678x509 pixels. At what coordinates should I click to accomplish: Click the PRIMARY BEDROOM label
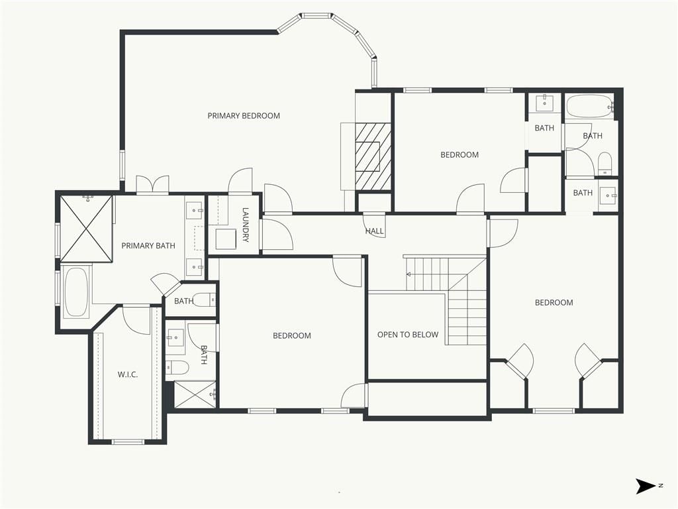click(x=244, y=115)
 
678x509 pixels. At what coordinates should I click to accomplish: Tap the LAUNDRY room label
click(x=246, y=225)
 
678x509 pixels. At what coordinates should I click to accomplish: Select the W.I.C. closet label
click(x=128, y=374)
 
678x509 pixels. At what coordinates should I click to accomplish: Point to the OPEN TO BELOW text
click(x=408, y=335)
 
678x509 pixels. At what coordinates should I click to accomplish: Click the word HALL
click(x=375, y=231)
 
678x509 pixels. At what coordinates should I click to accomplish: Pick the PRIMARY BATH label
click(x=148, y=246)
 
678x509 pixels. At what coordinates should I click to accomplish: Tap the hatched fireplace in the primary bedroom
click(x=373, y=156)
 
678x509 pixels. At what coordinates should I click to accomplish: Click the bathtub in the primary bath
click(x=76, y=292)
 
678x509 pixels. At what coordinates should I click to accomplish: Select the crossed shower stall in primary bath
click(x=87, y=229)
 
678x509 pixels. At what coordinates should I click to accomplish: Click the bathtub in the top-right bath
click(x=589, y=106)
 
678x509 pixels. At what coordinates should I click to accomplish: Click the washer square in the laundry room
click(x=226, y=239)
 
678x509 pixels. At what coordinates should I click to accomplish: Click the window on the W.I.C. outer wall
click(x=128, y=442)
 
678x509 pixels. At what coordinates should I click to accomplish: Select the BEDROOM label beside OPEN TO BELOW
click(x=292, y=335)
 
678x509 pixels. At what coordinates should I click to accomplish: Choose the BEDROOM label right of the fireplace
click(x=460, y=154)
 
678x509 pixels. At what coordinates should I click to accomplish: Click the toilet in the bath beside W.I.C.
click(x=177, y=367)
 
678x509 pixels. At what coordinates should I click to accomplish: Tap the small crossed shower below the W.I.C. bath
click(x=195, y=394)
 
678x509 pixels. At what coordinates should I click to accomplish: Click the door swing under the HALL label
click(x=375, y=225)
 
